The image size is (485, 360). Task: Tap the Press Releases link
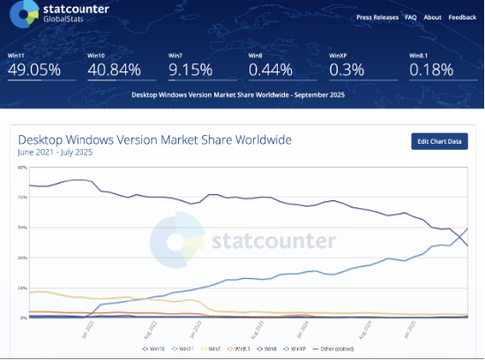pyautogui.click(x=377, y=17)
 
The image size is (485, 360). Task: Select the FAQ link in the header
pyautogui.click(x=411, y=17)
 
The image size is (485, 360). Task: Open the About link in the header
pyautogui.click(x=432, y=17)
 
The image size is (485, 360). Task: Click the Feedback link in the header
pyautogui.click(x=462, y=17)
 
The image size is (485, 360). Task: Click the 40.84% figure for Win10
pyautogui.click(x=115, y=69)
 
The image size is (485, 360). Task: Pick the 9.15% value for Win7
pyautogui.click(x=190, y=69)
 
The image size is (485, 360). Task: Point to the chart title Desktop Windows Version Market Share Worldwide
pyautogui.click(x=154, y=140)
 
